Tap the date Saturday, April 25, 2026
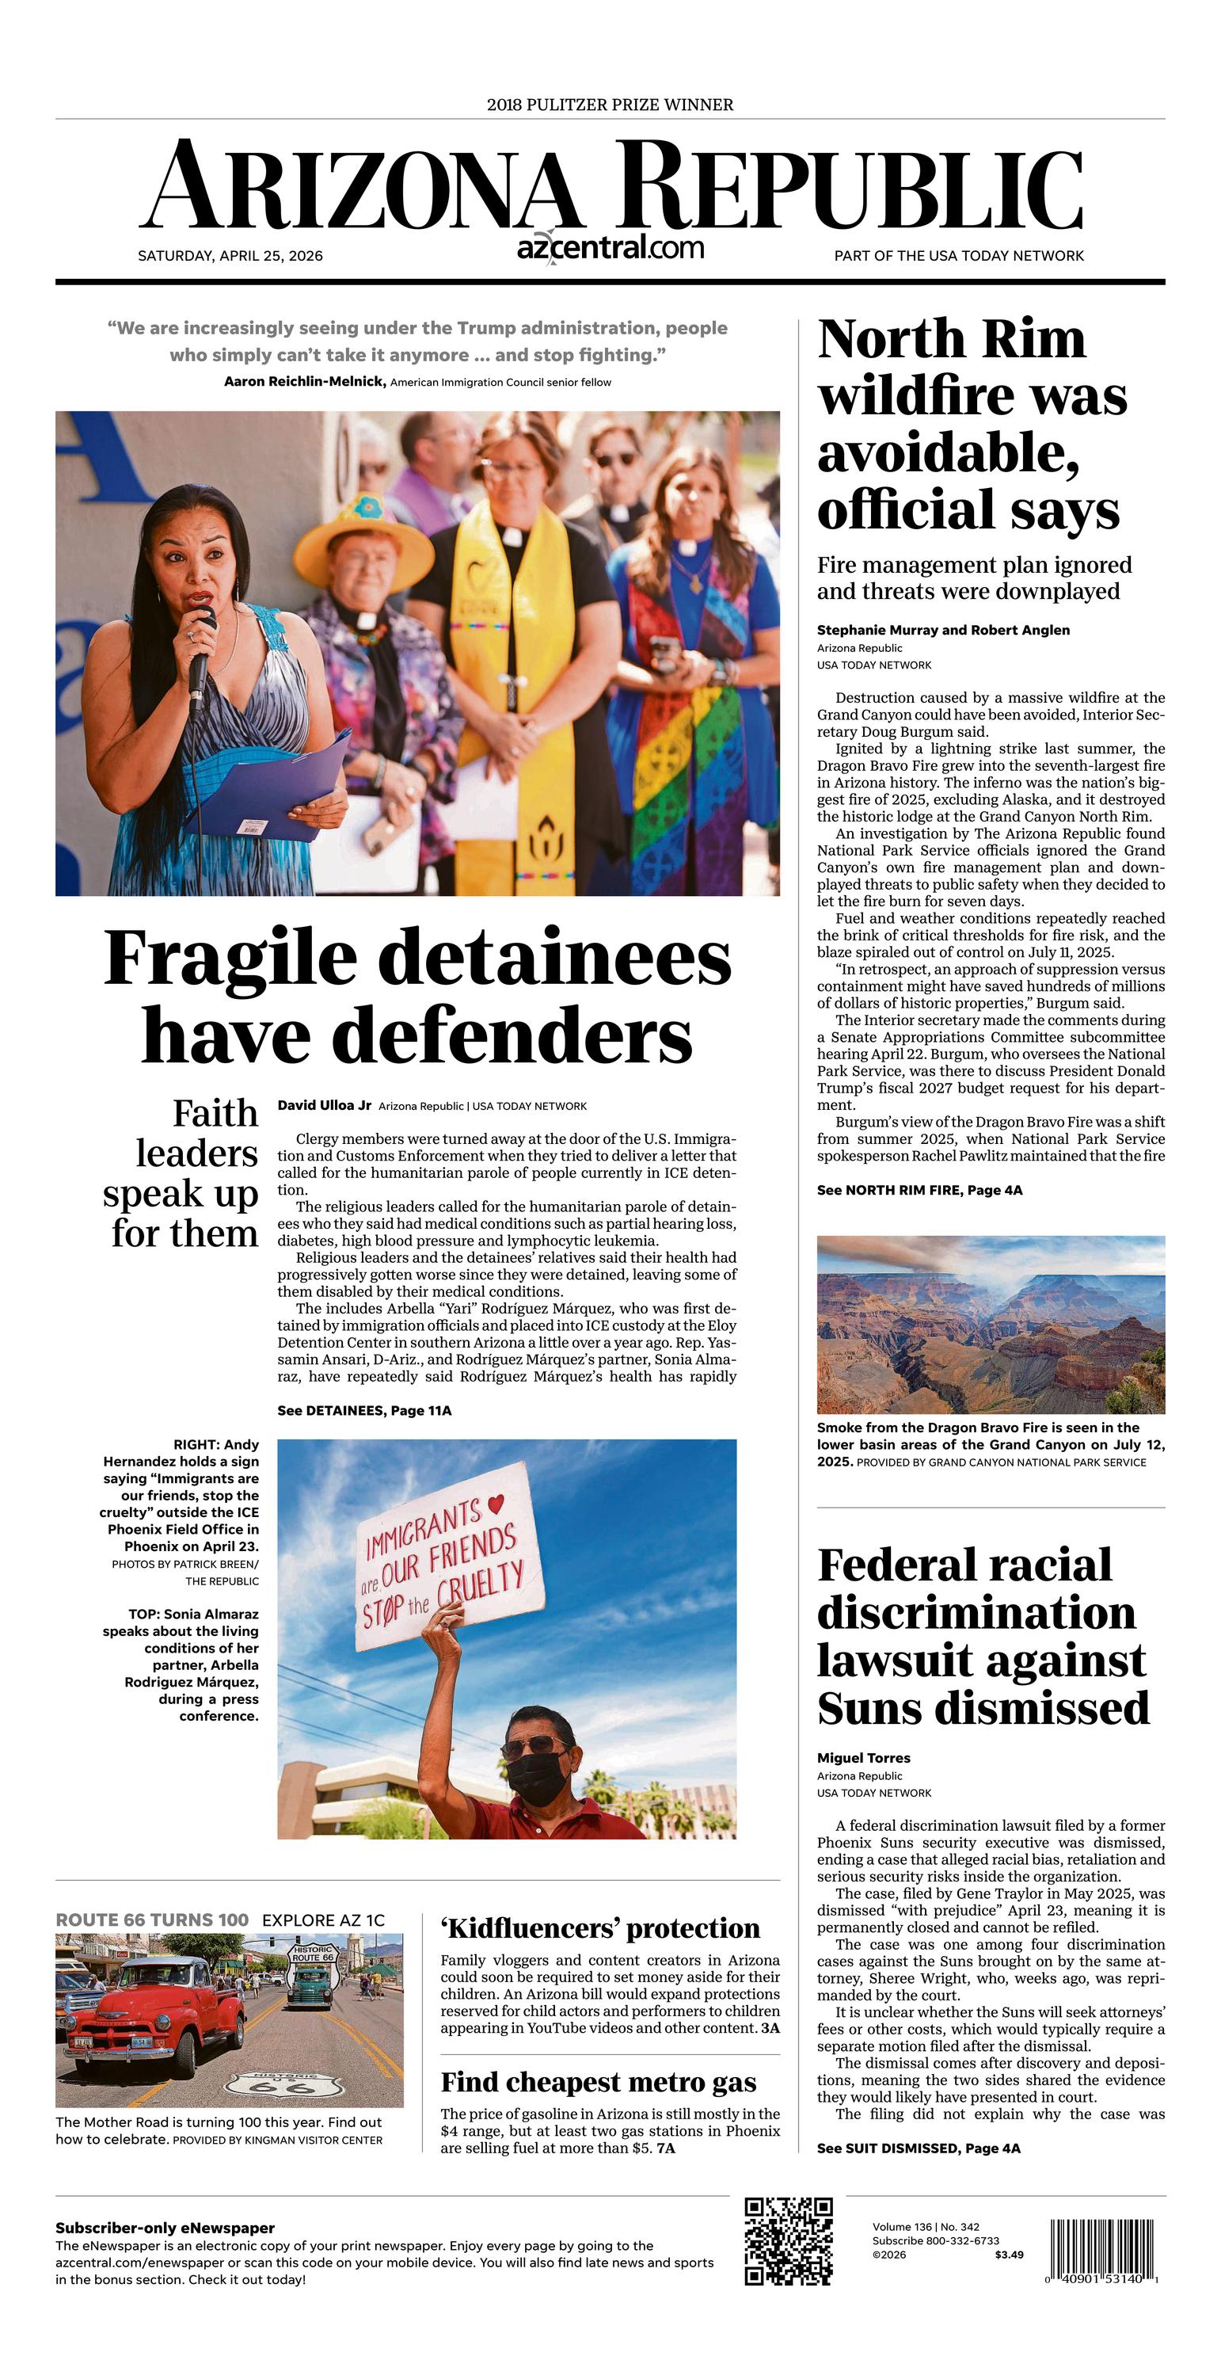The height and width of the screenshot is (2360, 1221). (x=230, y=256)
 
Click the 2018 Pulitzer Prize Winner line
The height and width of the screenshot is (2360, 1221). (x=610, y=105)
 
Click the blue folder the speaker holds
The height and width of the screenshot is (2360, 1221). (x=270, y=785)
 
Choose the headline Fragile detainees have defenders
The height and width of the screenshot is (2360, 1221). (x=417, y=996)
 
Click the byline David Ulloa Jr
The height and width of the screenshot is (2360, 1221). (x=325, y=1105)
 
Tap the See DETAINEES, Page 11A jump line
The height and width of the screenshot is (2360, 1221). (x=364, y=1410)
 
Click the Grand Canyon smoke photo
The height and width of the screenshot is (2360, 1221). (x=990, y=1324)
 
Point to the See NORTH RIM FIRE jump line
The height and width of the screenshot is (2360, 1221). (x=919, y=1190)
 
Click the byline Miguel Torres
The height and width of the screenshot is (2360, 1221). (x=863, y=1757)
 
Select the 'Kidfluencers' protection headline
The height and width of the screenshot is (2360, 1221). (x=600, y=1927)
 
